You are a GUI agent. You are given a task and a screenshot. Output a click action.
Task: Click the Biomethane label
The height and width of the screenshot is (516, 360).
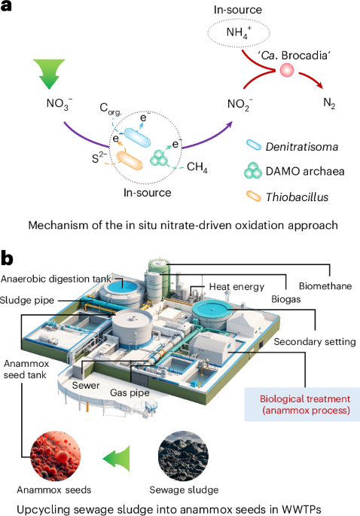coord(324,286)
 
